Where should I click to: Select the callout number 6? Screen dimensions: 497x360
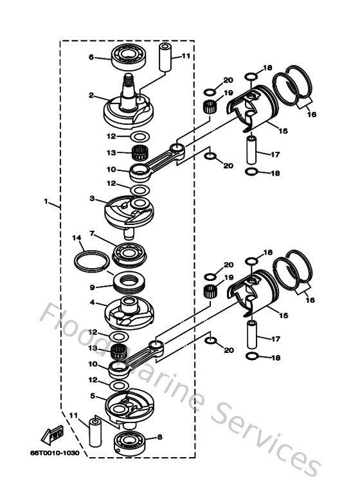91,57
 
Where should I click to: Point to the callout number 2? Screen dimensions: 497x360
92,96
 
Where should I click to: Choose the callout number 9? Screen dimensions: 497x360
92,287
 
